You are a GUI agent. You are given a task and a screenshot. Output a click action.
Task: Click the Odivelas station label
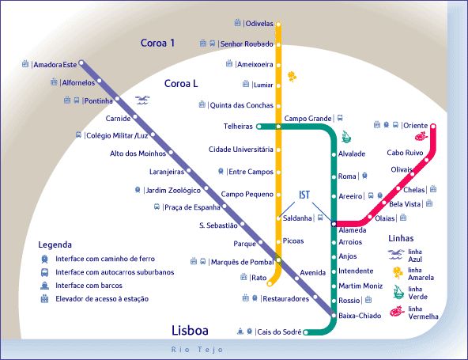[x=259, y=24]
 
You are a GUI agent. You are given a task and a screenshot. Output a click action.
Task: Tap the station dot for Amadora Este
[x=81, y=63]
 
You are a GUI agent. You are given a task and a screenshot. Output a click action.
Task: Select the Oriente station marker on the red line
[x=433, y=126]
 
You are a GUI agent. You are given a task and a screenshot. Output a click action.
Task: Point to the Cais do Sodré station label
[x=279, y=332]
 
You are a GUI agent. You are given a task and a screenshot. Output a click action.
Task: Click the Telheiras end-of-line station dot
[x=259, y=127]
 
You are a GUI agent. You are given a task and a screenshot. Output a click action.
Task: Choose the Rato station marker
[x=270, y=283]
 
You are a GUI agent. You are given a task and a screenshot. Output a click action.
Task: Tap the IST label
[x=304, y=195]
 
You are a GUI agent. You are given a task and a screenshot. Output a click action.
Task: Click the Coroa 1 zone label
[x=157, y=43]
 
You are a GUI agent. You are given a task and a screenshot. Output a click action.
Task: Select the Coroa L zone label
[x=181, y=84]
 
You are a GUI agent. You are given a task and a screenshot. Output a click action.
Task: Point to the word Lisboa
[x=190, y=331]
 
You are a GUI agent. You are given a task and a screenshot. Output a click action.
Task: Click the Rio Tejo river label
[x=197, y=349]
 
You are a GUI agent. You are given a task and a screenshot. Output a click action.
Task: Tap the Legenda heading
[x=55, y=244]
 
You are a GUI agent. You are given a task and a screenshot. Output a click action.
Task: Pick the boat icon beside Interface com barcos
[x=44, y=286]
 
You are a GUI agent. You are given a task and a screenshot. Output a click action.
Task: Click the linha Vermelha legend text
[x=423, y=313]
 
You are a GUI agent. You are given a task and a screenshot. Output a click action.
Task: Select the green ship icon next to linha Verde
[x=398, y=292]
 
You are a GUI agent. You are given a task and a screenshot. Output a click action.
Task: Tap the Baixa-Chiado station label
[x=360, y=316]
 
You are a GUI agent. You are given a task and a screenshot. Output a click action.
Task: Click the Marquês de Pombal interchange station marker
[x=278, y=260]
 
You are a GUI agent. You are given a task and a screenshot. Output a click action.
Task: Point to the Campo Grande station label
[x=308, y=119]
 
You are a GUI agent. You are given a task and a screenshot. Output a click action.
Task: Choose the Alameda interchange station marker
[x=334, y=223]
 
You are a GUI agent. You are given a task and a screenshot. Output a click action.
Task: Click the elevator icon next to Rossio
[x=368, y=299]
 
